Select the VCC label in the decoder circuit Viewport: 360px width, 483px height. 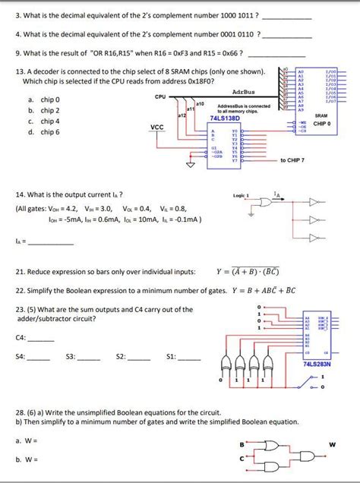pyautogui.click(x=157, y=127)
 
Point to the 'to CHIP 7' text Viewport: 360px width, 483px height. pyautogui.click(x=292, y=160)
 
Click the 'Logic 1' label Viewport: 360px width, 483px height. pyautogui.click(x=242, y=195)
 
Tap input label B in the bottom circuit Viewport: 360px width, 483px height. pyautogui.click(x=242, y=444)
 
